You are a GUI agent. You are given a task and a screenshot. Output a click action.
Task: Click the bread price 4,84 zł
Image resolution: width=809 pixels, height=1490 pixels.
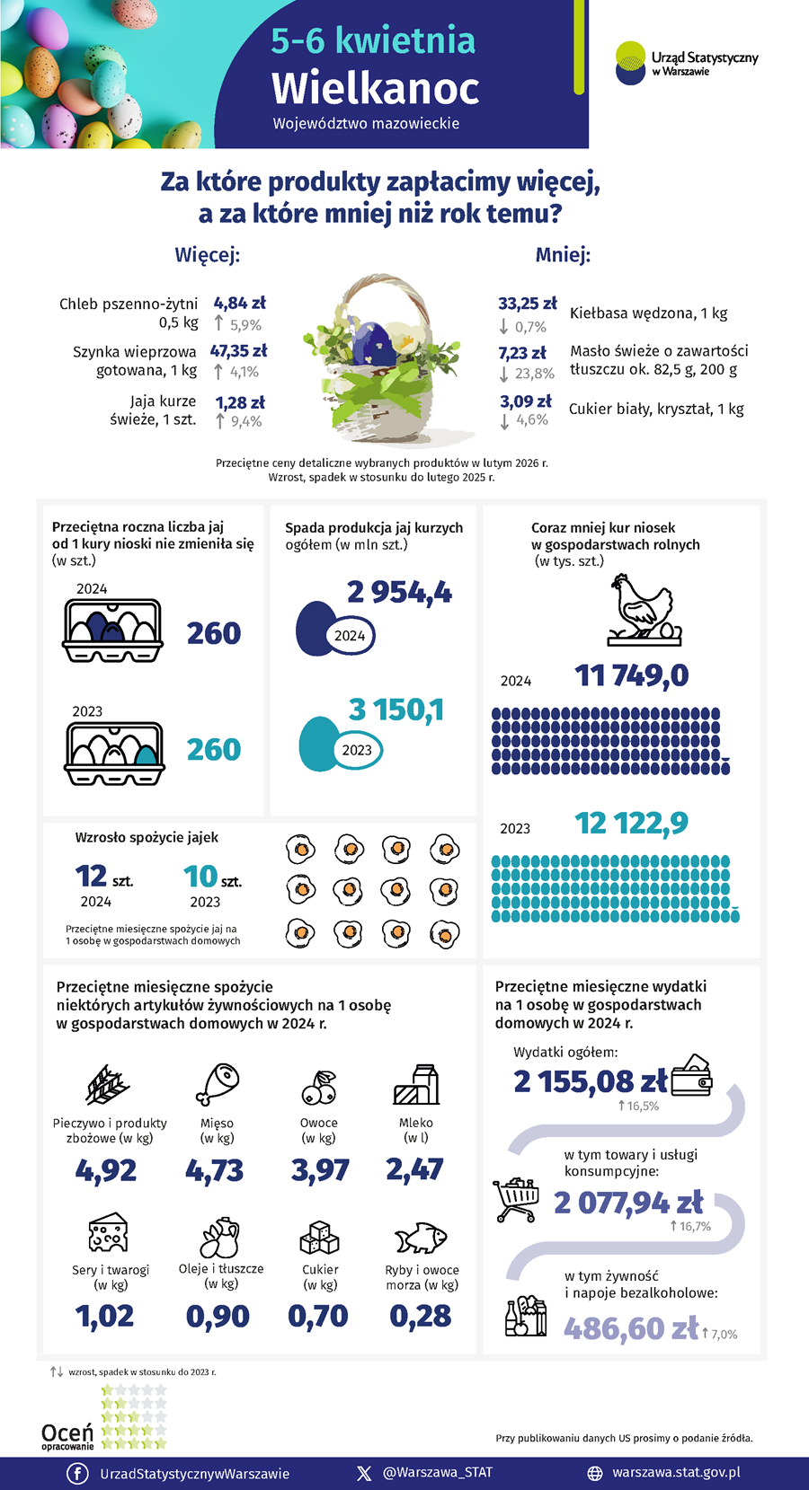[239, 304]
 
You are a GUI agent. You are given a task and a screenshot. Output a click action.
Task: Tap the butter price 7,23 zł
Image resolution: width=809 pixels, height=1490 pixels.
[522, 353]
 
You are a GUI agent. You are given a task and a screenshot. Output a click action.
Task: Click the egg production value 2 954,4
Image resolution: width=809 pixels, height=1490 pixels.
[399, 593]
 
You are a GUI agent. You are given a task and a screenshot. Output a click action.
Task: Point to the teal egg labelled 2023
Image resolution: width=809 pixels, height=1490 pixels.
[316, 744]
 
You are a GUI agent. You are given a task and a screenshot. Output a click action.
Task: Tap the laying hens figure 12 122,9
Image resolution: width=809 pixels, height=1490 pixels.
[631, 823]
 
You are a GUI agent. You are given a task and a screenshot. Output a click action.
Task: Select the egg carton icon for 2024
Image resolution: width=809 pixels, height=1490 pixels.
[113, 630]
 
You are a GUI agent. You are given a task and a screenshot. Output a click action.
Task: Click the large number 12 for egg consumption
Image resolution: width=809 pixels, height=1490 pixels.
[92, 876]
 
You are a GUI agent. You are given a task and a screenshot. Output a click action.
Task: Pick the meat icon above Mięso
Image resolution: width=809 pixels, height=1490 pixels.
[217, 1084]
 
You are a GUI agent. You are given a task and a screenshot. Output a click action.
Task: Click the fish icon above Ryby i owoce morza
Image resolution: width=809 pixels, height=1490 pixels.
[421, 1238]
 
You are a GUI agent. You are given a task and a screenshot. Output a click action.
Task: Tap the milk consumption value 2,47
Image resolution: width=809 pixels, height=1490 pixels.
[414, 1169]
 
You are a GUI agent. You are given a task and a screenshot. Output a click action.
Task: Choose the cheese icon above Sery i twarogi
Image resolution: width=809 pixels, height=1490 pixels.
[109, 1232]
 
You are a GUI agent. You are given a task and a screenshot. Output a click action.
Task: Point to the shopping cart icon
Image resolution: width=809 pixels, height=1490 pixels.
[516, 1199]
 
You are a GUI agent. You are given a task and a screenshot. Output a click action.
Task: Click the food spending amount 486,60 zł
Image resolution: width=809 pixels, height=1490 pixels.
[631, 1328]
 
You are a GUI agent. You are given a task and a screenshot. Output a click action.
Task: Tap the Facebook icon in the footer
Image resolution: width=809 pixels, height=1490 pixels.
[77, 1473]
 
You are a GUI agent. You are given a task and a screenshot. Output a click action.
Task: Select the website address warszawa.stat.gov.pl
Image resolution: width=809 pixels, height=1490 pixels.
[676, 1472]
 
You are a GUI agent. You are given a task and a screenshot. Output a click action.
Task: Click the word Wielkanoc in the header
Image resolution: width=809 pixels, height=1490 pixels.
[375, 88]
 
